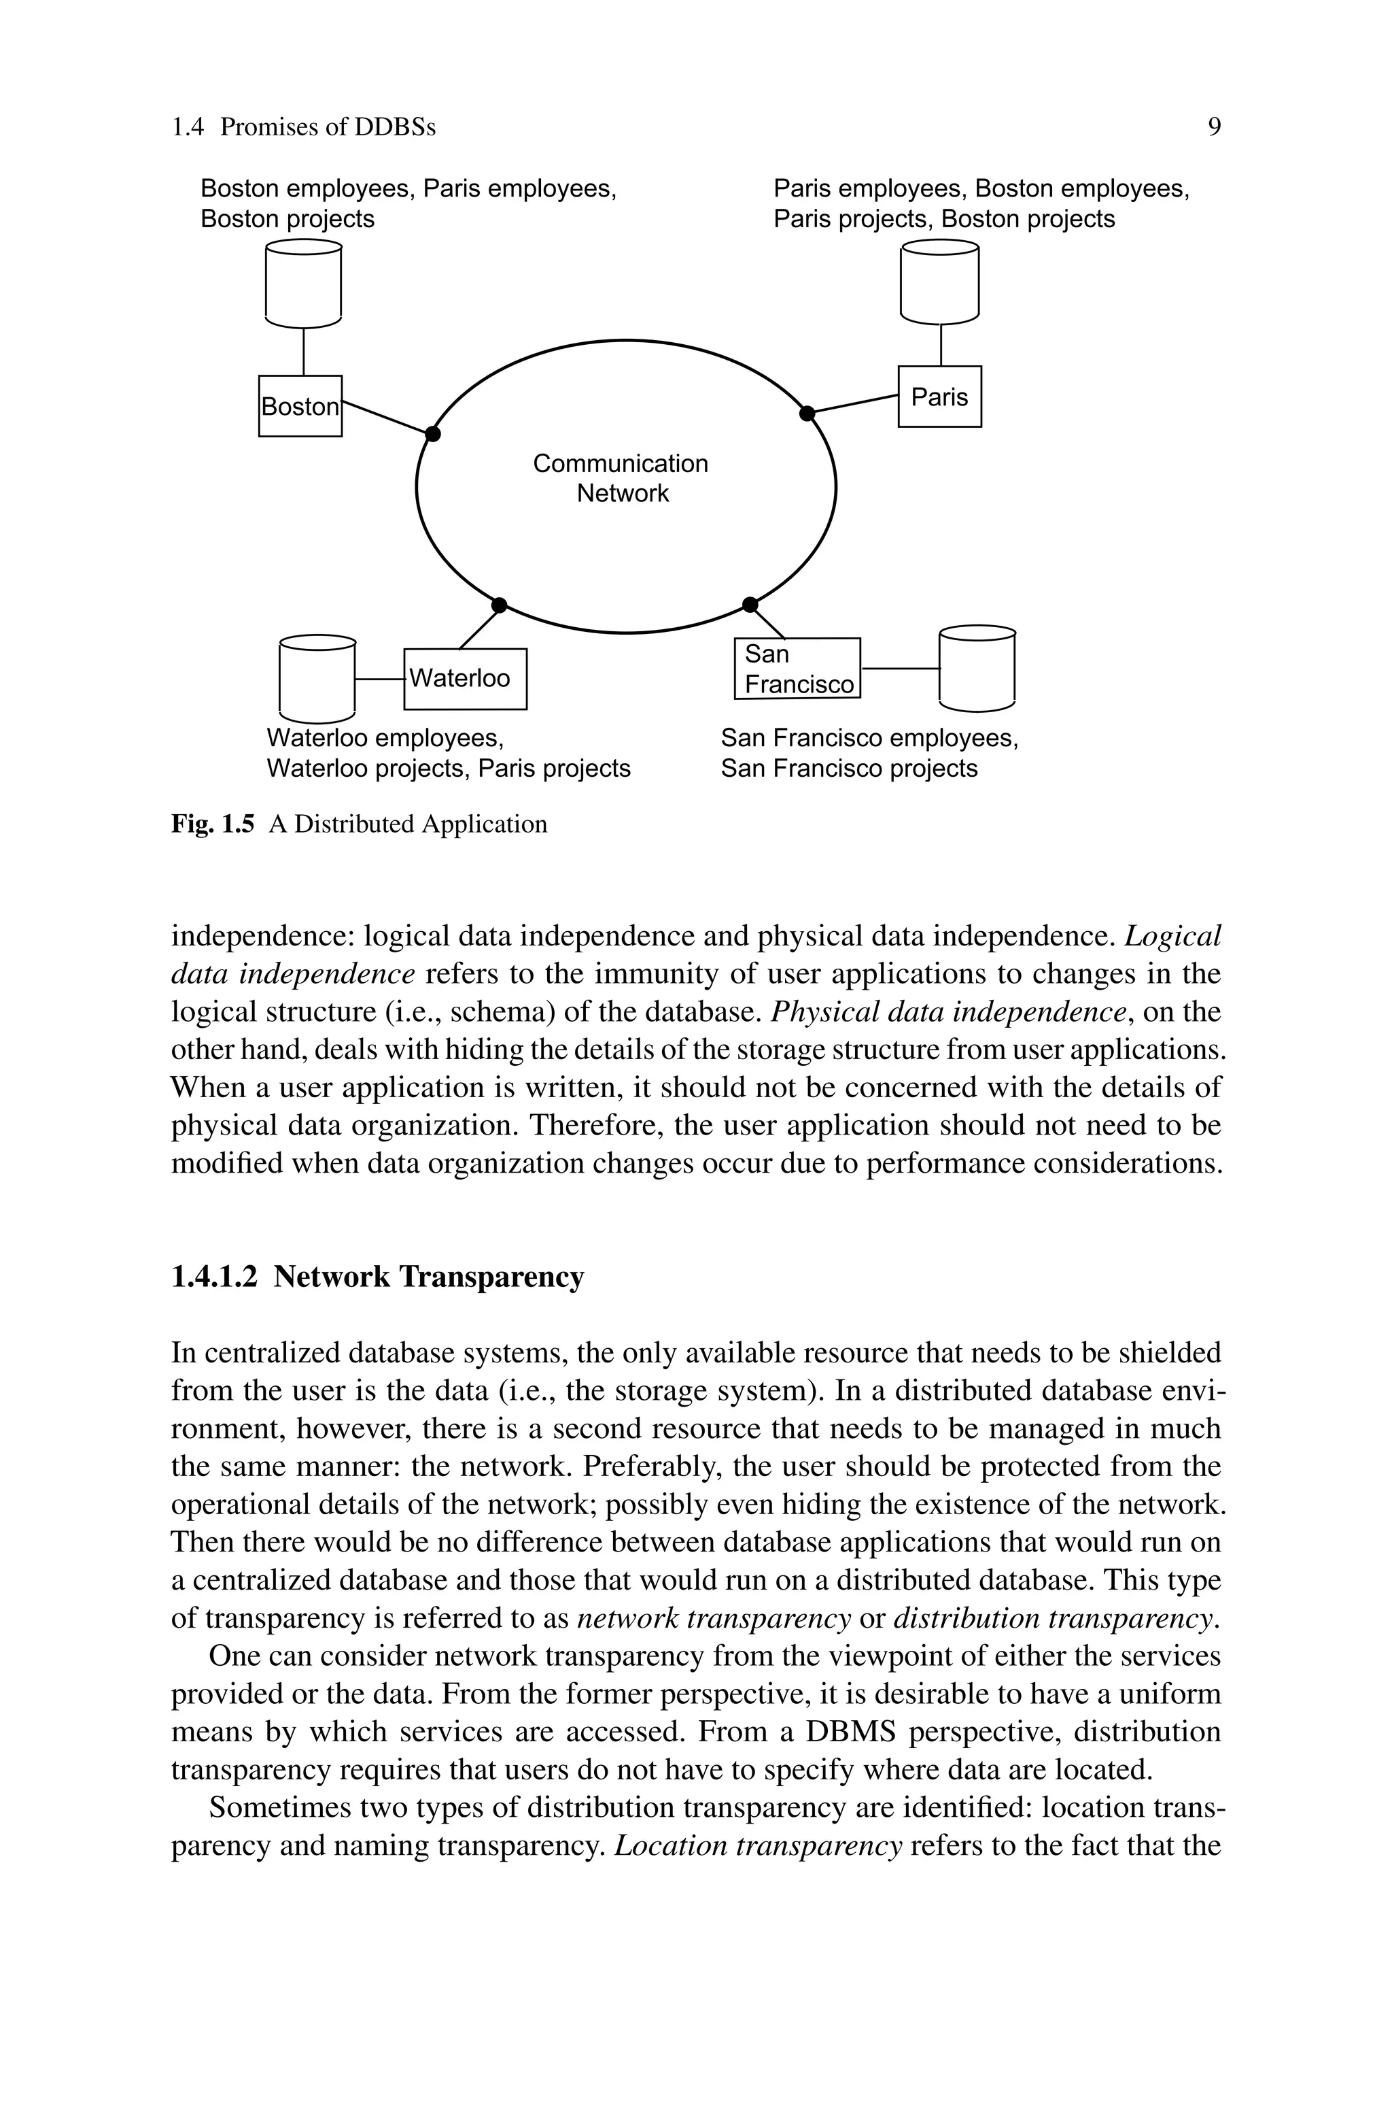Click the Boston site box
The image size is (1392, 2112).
(x=300, y=406)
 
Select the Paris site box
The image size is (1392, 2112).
(x=939, y=396)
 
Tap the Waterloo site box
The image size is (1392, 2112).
(x=465, y=679)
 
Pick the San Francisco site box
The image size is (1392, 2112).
(x=797, y=669)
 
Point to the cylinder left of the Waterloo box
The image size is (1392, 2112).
(x=317, y=679)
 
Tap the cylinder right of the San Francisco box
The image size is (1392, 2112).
(x=977, y=668)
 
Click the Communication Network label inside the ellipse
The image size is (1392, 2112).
(x=621, y=477)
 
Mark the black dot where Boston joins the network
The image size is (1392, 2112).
(x=432, y=433)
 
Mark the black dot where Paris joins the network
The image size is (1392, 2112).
(x=807, y=413)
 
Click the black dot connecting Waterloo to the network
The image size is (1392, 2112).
(x=499, y=605)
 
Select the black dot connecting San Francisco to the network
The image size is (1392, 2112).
(x=750, y=605)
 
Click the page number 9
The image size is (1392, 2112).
(x=1213, y=127)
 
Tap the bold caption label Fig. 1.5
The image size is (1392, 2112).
(x=212, y=824)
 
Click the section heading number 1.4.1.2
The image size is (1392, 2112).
(x=214, y=1276)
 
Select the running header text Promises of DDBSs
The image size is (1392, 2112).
(x=328, y=127)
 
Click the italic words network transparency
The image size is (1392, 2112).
(x=714, y=1617)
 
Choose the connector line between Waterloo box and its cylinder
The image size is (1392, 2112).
(x=379, y=680)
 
